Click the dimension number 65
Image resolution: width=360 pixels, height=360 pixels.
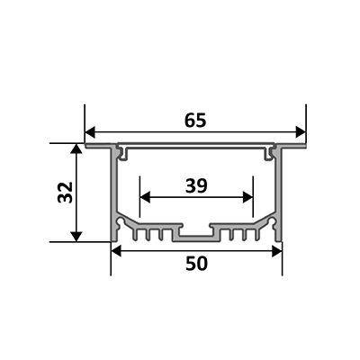click(195, 121)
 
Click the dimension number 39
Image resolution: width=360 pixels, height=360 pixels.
click(196, 185)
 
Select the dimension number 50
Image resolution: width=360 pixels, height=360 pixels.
click(196, 264)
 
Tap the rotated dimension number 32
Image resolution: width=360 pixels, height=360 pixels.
click(65, 193)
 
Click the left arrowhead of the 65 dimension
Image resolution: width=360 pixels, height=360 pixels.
click(90, 132)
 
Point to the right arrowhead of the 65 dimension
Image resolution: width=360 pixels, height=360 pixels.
click(301, 132)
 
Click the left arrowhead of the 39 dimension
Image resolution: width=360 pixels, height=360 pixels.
click(145, 197)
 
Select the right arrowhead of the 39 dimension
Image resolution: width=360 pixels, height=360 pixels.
click(247, 197)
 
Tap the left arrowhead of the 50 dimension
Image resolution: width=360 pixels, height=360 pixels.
click(116, 251)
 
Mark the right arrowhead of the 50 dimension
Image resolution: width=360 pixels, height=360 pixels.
click(277, 251)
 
